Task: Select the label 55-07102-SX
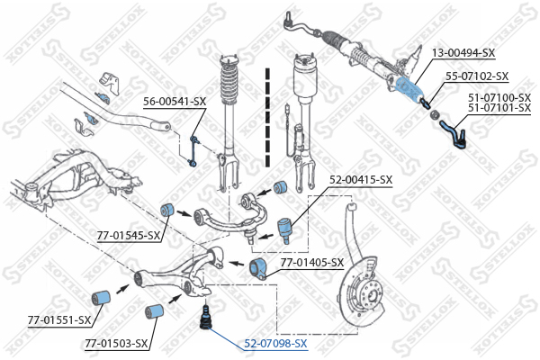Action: (x=477, y=76)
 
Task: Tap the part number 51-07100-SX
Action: (x=499, y=96)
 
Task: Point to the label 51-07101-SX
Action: (x=499, y=107)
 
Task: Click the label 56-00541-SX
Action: (x=175, y=102)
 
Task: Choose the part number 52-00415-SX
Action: (x=360, y=180)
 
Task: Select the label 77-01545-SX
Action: (x=129, y=236)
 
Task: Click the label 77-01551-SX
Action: (x=58, y=319)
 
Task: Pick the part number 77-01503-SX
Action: (x=115, y=343)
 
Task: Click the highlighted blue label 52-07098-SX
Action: (x=274, y=344)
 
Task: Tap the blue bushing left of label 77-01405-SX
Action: (x=259, y=266)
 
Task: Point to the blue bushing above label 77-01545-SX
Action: (x=166, y=211)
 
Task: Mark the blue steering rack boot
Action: (x=409, y=88)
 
